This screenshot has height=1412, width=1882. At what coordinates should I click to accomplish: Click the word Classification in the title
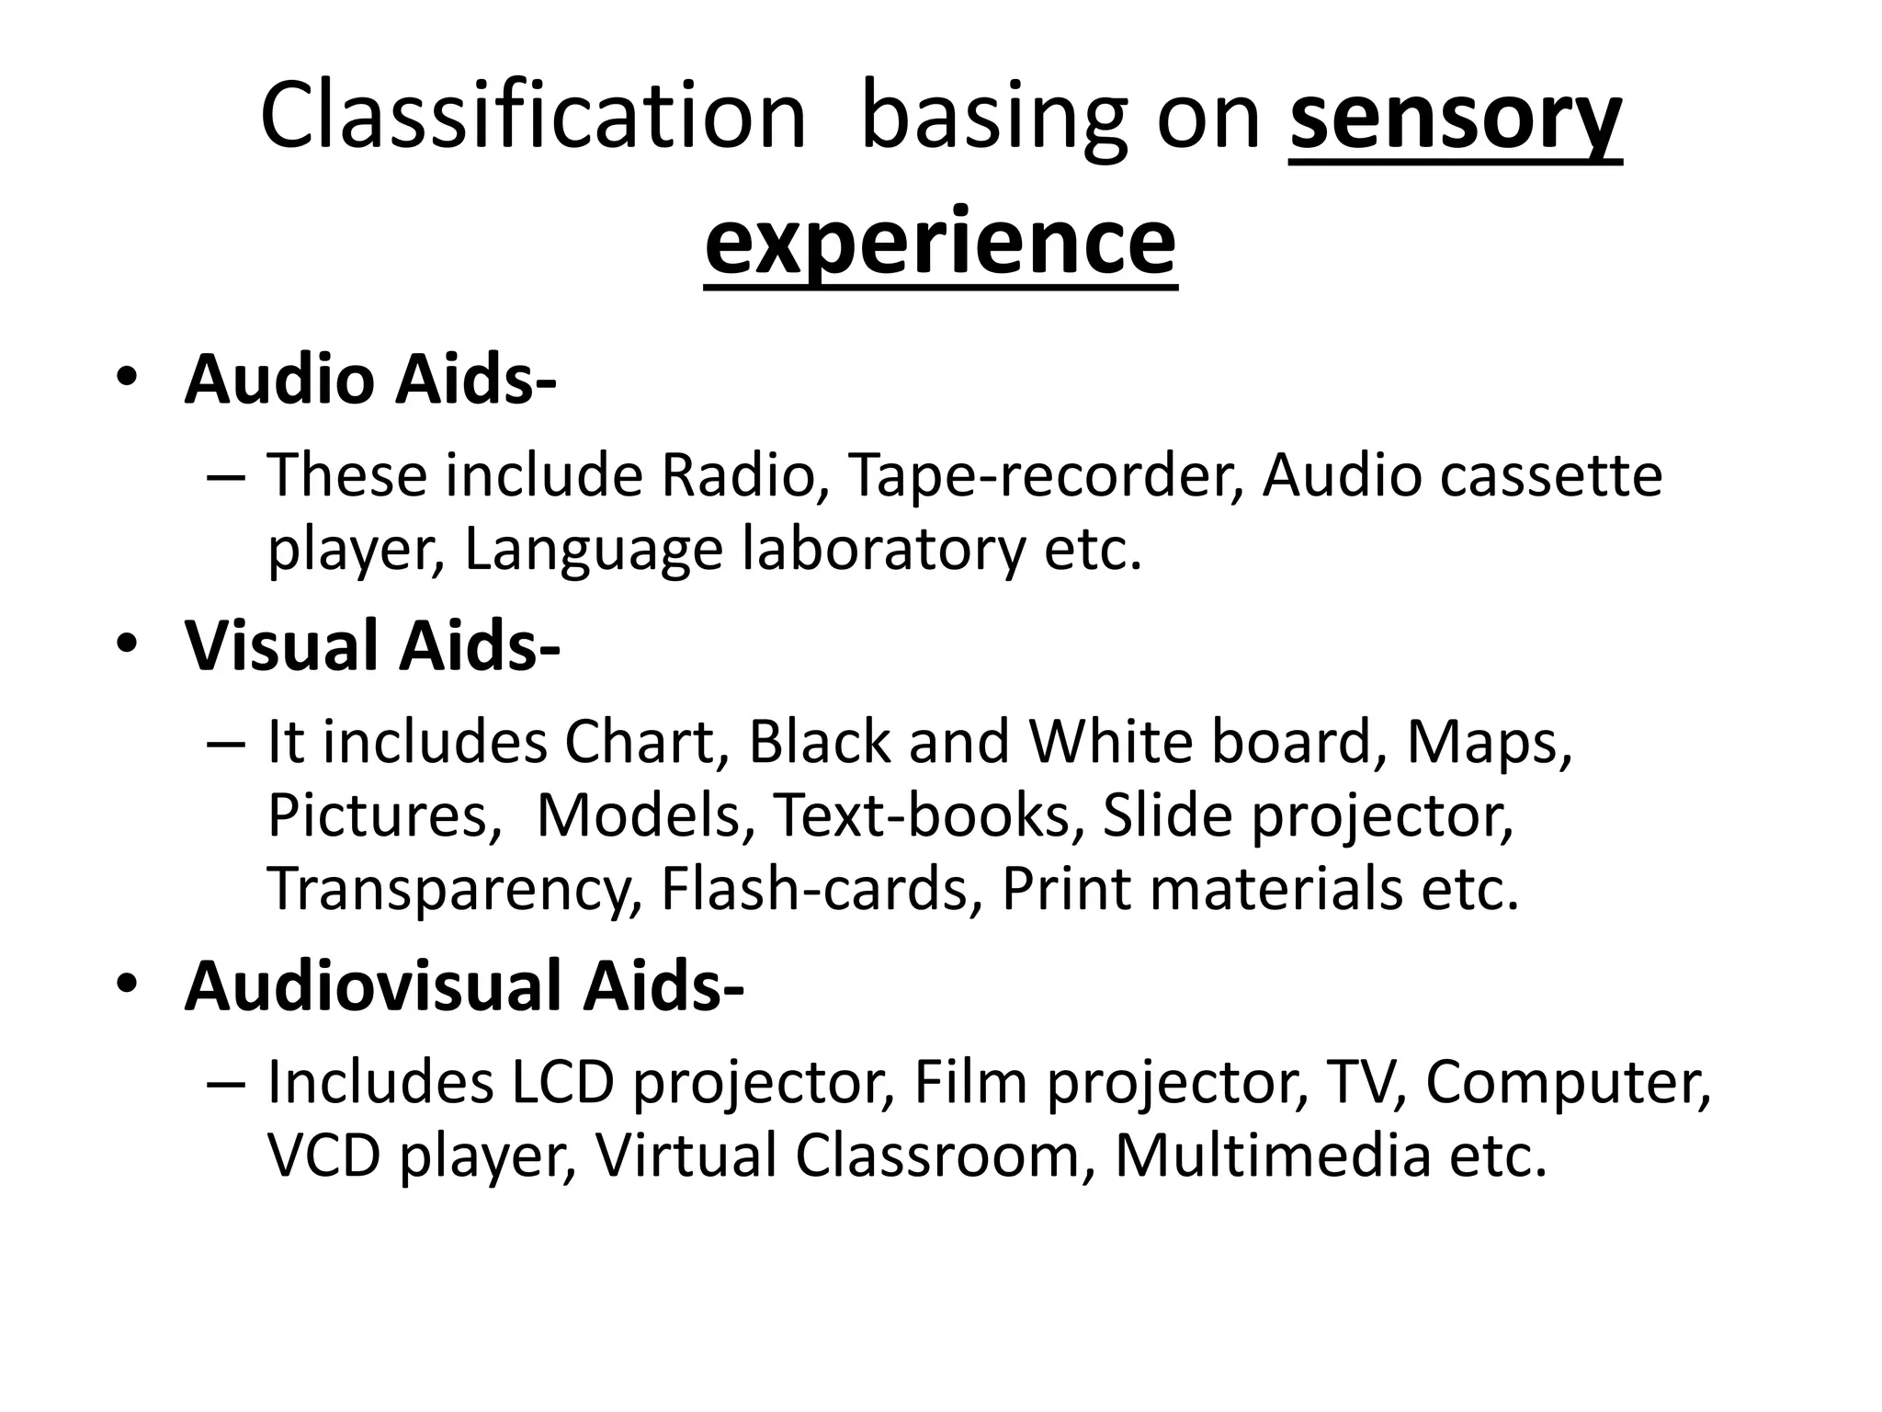(x=533, y=117)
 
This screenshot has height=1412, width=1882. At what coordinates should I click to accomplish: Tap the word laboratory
(x=883, y=549)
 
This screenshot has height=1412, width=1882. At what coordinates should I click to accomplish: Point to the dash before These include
(x=226, y=478)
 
